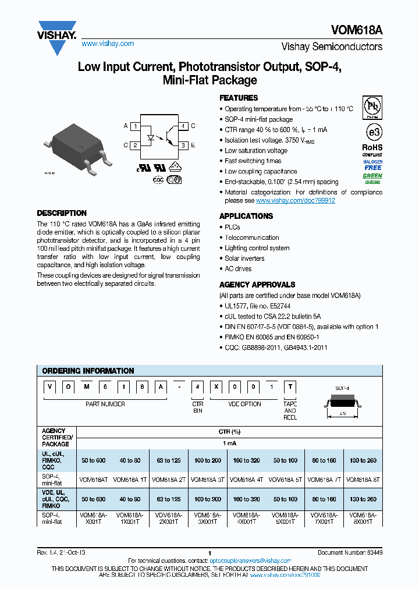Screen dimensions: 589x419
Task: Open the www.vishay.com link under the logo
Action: [x=108, y=44]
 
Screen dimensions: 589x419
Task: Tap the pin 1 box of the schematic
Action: [x=134, y=126]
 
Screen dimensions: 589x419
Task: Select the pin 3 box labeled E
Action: [x=183, y=146]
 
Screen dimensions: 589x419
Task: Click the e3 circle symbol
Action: [x=372, y=129]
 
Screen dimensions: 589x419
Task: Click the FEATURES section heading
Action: [x=239, y=98]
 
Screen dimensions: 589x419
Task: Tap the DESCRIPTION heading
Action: [x=62, y=213]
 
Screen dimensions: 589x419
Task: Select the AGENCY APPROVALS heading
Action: [x=257, y=285]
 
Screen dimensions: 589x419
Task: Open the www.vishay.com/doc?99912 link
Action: [x=296, y=200]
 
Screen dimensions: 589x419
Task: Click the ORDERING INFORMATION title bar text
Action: [x=88, y=371]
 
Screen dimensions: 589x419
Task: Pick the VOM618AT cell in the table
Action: [x=93, y=480]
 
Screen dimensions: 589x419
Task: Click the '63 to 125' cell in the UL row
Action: [x=169, y=460]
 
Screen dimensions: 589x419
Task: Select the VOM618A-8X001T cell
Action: [x=363, y=519]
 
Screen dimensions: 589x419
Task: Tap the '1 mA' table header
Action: [x=229, y=443]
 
